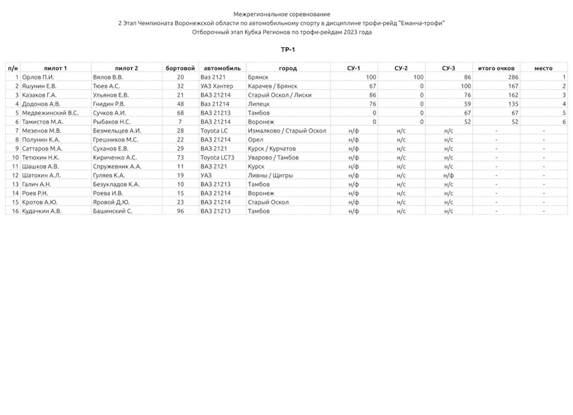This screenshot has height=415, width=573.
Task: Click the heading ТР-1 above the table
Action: tap(288, 50)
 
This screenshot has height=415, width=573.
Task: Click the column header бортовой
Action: tap(180, 68)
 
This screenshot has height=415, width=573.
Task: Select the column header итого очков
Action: tap(496, 68)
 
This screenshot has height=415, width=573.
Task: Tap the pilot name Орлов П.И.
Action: tap(38, 77)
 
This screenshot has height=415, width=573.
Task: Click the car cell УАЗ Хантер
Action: tap(217, 86)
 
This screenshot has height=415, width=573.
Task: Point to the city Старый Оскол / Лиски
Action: tap(279, 95)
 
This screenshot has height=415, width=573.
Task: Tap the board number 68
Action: tap(180, 113)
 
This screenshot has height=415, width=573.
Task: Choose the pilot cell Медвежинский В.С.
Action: tap(50, 113)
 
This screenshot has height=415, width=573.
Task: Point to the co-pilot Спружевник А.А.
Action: tap(117, 167)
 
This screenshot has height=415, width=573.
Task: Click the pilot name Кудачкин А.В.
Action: tap(42, 211)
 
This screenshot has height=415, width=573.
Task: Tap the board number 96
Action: tap(180, 211)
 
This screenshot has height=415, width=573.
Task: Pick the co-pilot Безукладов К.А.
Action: tap(116, 185)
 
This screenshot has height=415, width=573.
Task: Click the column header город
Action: tap(288, 68)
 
